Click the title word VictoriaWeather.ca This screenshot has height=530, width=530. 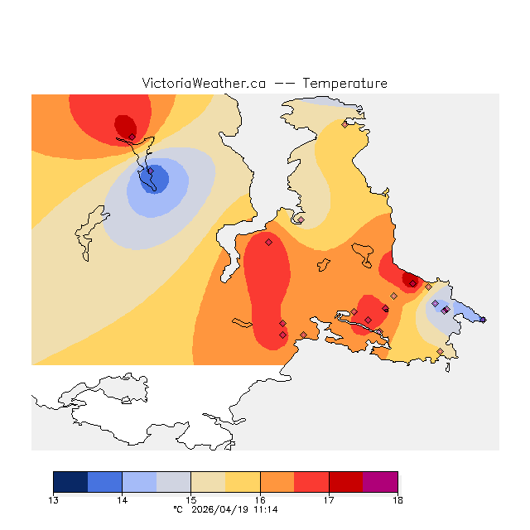pos(204,84)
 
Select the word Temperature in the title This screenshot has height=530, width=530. pos(344,84)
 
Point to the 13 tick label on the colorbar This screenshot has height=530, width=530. pos(54,499)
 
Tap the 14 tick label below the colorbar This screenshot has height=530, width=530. pos(122,499)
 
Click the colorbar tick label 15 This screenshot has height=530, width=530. pos(190,499)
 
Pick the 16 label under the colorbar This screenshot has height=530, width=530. pos(260,499)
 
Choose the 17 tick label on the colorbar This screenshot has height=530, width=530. pos(329,499)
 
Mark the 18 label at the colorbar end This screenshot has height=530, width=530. pos(397,499)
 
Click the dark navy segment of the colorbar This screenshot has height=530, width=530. pos(70,481)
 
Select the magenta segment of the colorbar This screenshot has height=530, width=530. pos(380,481)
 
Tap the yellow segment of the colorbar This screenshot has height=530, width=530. pos(243,481)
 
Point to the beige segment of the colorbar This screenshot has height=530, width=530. pos(208,481)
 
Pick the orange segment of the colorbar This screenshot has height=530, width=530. pos(277,481)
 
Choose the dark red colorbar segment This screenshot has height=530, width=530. pos(345,481)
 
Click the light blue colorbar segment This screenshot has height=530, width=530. pos(139,481)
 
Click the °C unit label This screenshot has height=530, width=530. pos(177,509)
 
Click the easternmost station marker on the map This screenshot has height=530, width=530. pos(483,320)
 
